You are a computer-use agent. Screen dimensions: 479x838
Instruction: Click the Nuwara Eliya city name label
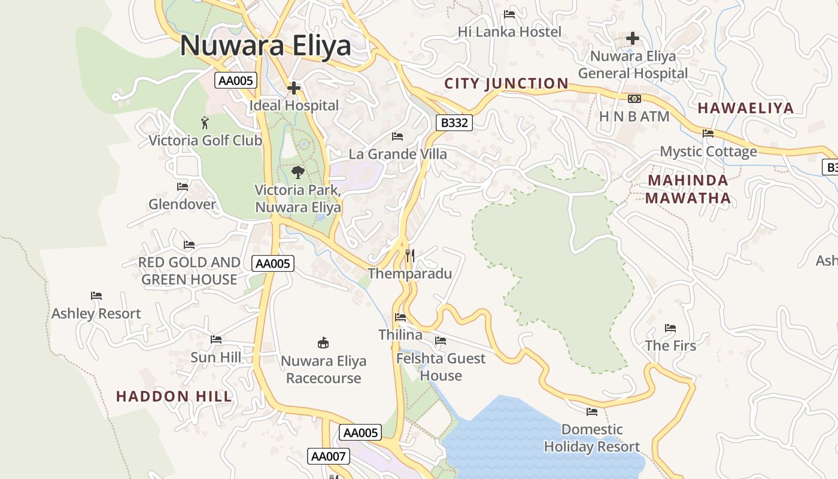click(x=266, y=46)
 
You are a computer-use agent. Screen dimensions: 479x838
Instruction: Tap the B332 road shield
click(x=454, y=123)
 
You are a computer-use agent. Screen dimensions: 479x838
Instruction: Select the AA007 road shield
click(x=328, y=456)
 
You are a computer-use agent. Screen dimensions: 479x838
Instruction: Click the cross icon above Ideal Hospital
click(x=293, y=89)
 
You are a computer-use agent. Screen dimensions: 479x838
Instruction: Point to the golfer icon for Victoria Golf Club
click(x=205, y=123)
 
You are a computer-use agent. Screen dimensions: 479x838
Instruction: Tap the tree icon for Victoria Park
click(x=297, y=172)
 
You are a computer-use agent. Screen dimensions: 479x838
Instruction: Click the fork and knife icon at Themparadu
click(x=409, y=256)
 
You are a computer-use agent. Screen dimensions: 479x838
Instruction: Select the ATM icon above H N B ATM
click(x=634, y=99)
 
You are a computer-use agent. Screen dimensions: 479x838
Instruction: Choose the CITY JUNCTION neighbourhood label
click(x=506, y=83)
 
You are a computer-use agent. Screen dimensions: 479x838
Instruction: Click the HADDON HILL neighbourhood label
click(x=174, y=396)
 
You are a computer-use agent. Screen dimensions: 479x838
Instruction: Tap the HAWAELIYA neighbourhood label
click(x=746, y=108)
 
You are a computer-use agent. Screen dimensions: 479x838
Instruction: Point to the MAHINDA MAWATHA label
click(x=688, y=189)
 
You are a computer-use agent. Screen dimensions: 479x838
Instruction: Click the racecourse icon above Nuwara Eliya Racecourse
click(x=323, y=343)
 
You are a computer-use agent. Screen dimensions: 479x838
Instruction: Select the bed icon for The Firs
click(x=670, y=328)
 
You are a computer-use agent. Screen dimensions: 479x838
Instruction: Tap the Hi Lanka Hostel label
click(x=509, y=32)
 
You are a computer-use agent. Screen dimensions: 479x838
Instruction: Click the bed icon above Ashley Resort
click(x=96, y=296)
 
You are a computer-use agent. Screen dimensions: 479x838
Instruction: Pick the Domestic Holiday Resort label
click(x=592, y=438)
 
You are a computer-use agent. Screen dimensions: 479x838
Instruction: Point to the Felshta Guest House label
click(x=441, y=367)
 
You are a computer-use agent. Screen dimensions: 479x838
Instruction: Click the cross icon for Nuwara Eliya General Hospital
click(x=633, y=39)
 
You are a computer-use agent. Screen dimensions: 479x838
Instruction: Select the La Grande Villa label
click(x=397, y=154)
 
